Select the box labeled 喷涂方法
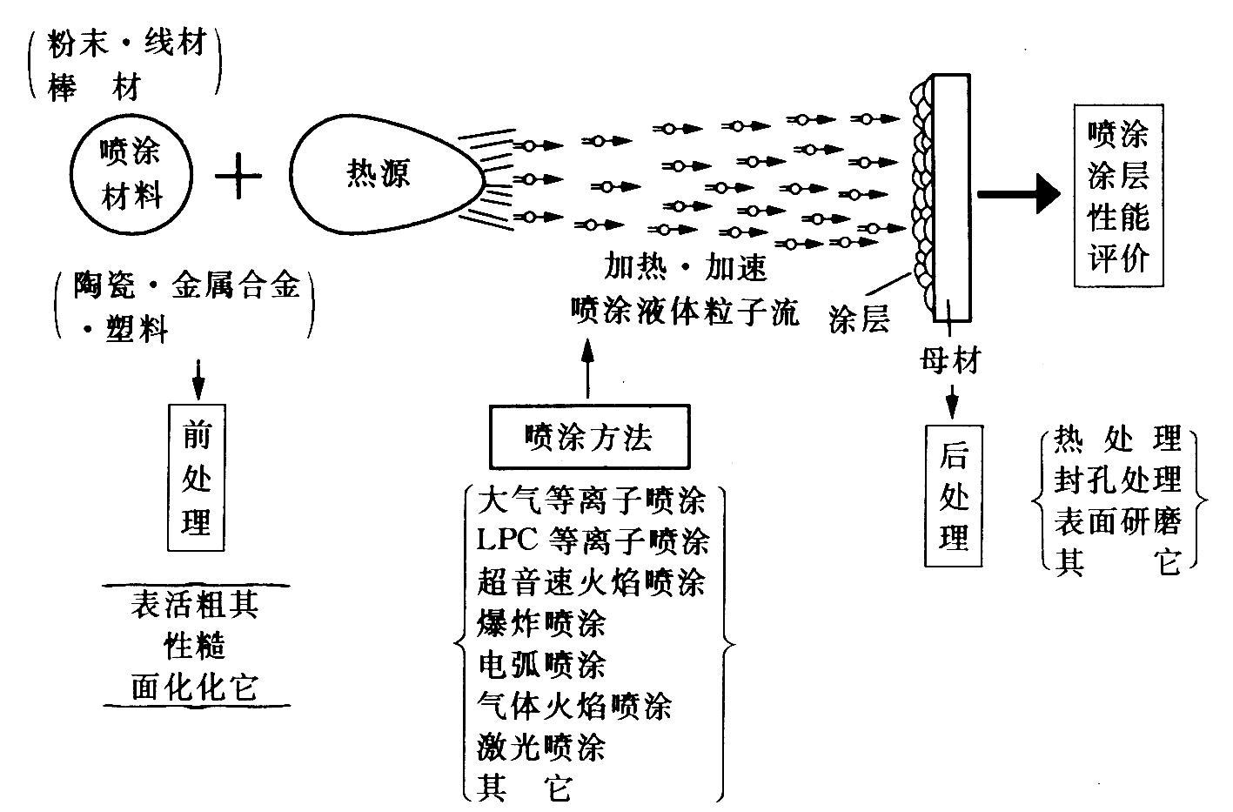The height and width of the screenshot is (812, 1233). click(589, 438)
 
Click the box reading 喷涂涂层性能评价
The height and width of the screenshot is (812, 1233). click(1117, 196)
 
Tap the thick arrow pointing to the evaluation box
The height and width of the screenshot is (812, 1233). click(1018, 193)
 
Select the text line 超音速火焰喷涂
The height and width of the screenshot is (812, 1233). click(592, 582)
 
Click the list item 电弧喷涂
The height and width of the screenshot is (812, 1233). click(541, 665)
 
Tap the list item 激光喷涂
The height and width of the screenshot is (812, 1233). click(541, 747)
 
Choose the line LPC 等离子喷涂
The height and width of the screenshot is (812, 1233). click(593, 540)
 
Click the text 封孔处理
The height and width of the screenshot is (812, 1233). click(1117, 480)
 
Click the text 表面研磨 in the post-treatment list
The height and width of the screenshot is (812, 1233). click(1117, 520)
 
